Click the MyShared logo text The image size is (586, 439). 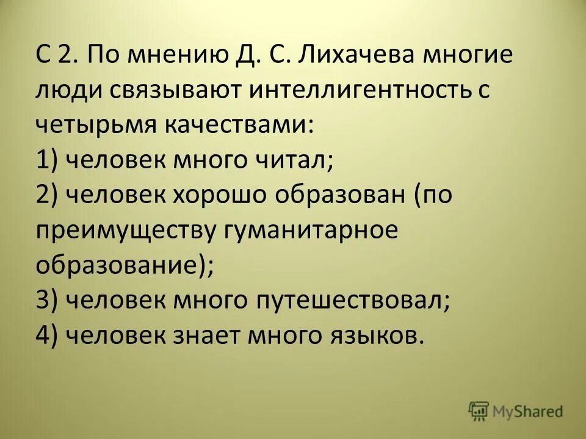click(x=529, y=412)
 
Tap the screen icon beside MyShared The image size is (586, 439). click(x=479, y=410)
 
